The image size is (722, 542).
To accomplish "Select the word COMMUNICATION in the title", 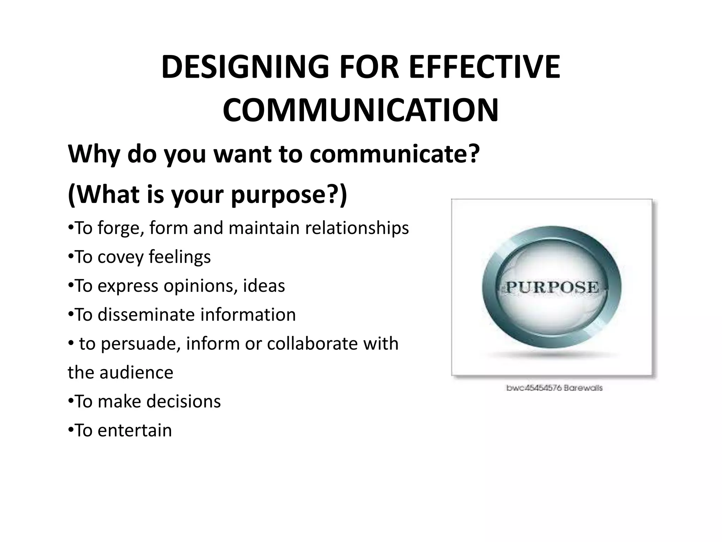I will point(361,110).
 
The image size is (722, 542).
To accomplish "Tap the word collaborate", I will point(312,343).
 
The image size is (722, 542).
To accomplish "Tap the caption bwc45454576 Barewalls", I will point(554,388).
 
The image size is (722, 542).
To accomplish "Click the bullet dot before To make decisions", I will point(71,401).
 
